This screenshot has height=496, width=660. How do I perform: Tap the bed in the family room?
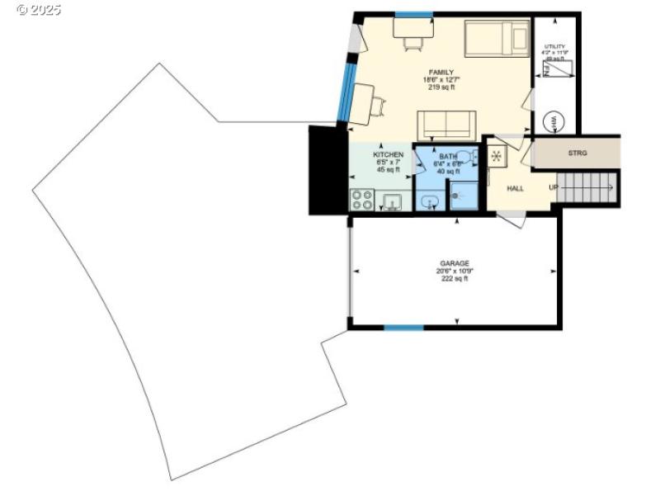(497, 39)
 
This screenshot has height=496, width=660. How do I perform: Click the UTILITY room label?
(554, 47)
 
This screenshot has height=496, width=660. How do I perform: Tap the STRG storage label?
(577, 154)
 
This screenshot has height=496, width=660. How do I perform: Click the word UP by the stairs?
(554, 187)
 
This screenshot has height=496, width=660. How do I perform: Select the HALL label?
(516, 188)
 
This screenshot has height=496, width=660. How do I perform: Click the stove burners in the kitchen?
(361, 200)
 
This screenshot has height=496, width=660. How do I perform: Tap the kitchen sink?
(390, 201)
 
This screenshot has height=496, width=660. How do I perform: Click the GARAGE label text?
(454, 263)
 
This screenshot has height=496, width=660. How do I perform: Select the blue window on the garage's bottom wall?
(403, 328)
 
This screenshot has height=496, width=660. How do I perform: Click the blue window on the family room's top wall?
(413, 15)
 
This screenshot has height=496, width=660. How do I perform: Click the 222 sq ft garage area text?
(454, 279)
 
